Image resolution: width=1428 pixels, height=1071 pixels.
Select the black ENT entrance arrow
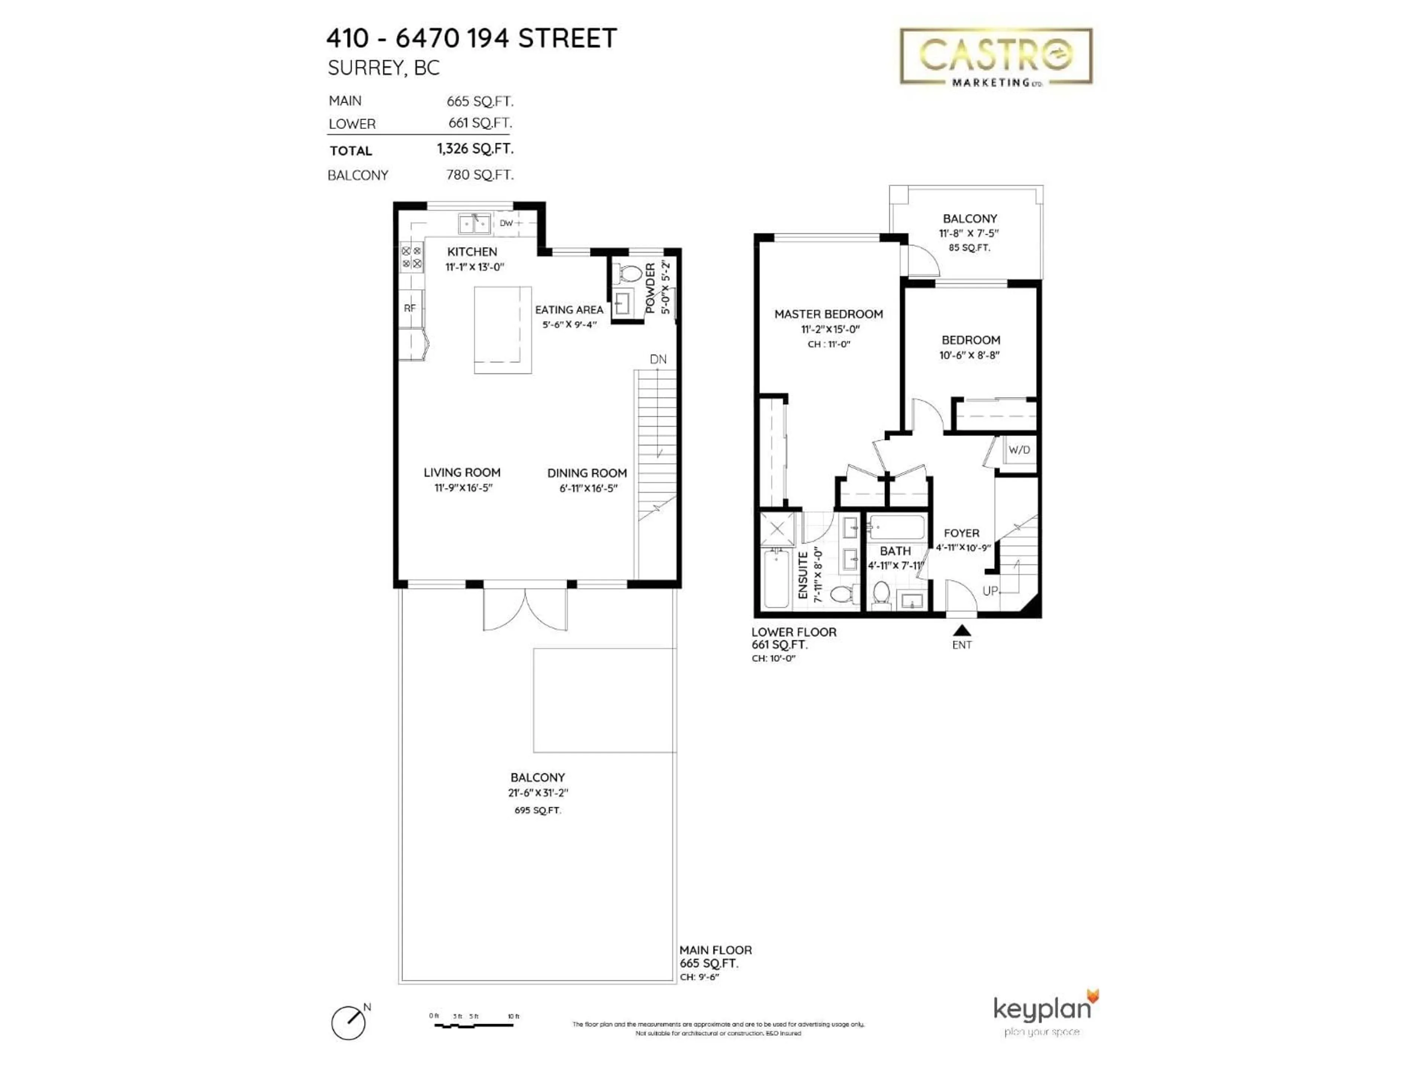click(x=961, y=630)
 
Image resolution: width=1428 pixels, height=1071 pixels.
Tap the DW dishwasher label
click(x=506, y=223)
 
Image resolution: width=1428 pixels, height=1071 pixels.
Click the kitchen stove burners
click(x=411, y=257)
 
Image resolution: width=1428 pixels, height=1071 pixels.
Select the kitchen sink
click(x=475, y=224)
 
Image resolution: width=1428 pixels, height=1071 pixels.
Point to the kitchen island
click(x=503, y=330)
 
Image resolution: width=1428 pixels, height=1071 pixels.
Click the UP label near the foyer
click(x=990, y=591)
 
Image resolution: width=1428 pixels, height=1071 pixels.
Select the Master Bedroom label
click(x=828, y=314)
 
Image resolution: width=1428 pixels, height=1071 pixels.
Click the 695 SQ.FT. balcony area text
click(x=537, y=810)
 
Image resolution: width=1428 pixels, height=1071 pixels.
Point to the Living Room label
click(x=461, y=473)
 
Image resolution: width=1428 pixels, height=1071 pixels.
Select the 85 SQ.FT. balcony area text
click(x=969, y=248)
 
